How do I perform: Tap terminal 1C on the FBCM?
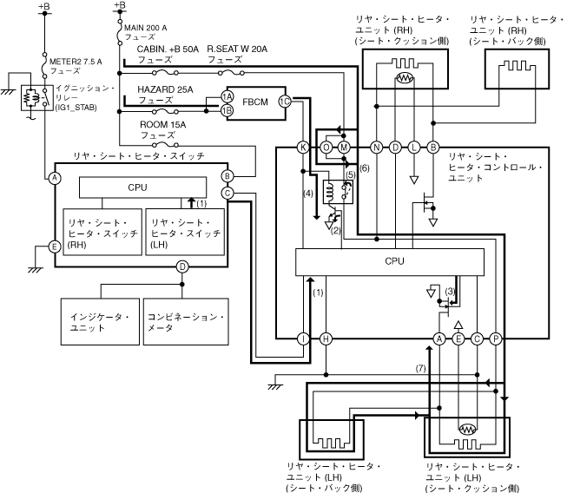[285, 102]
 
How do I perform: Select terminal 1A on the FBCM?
[227, 96]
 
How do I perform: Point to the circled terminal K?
[303, 148]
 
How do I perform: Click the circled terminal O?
[326, 148]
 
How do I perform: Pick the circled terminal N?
[377, 148]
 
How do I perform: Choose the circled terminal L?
[414, 148]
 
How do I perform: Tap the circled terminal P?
[496, 339]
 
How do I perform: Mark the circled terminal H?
[326, 339]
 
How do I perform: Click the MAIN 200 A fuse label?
[145, 32]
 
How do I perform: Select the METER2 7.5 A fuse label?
[76, 66]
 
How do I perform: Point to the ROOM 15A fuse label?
[162, 129]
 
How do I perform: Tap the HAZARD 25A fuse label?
[165, 95]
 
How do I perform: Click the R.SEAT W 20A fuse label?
[237, 54]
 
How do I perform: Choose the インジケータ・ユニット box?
[100, 322]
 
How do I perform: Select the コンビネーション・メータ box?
[186, 322]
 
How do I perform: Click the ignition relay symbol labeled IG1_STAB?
[36, 98]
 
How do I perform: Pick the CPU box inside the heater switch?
[142, 187]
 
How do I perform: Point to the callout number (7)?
[420, 368]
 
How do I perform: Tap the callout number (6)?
[365, 168]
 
